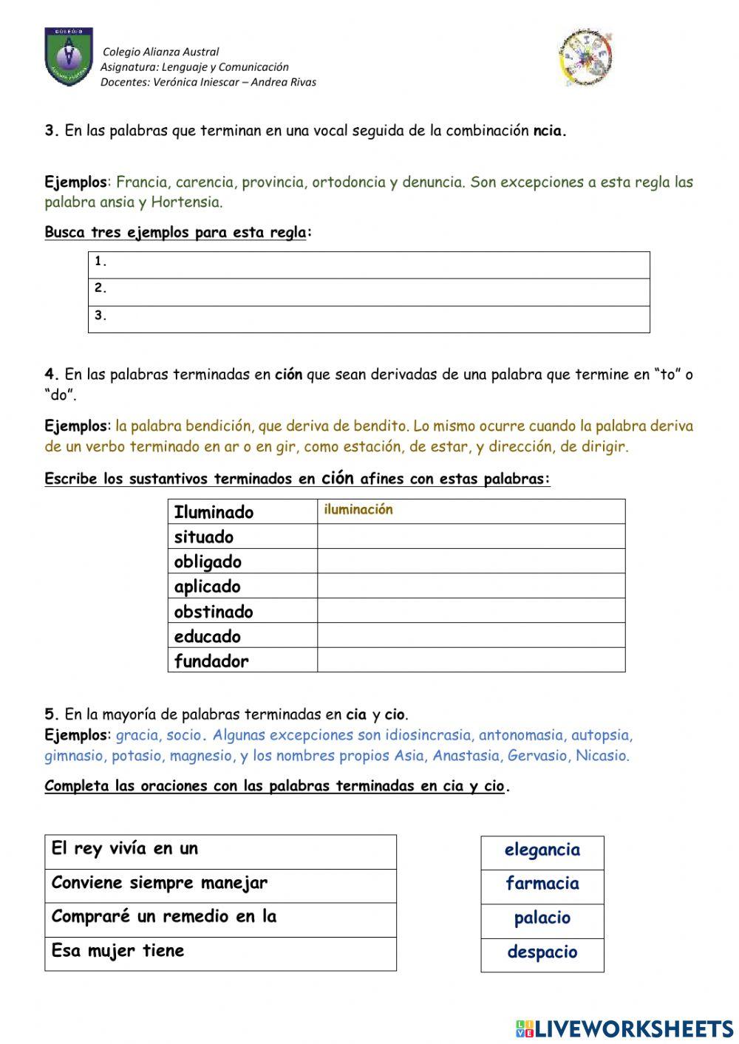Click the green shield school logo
point(69,57)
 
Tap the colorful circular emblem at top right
point(585,58)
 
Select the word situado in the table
point(204,537)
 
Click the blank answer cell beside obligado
point(471,562)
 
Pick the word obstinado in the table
point(214,612)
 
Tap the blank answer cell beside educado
point(471,636)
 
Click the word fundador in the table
point(211,661)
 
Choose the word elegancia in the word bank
point(542,850)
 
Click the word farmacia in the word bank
point(542,884)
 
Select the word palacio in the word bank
point(542,918)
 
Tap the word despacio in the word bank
point(542,952)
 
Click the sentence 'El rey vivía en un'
point(125,849)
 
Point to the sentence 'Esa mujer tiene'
point(118,951)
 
